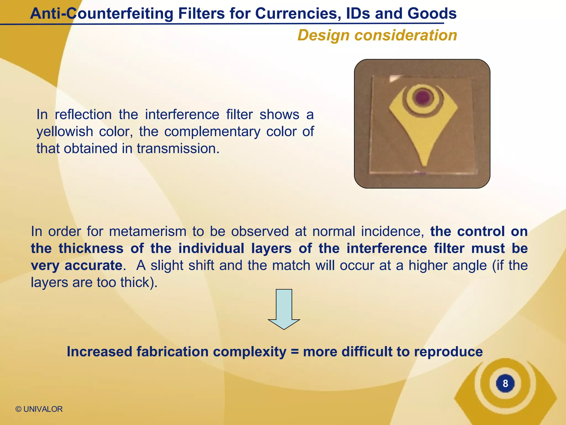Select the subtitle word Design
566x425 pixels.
click(x=324, y=35)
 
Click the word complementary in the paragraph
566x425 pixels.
click(x=212, y=131)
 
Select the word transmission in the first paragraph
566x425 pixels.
click(x=178, y=149)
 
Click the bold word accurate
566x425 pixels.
click(x=93, y=266)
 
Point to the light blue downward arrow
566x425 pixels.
click(x=284, y=309)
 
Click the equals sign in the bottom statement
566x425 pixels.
click(x=295, y=352)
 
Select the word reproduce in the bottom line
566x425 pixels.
click(x=448, y=352)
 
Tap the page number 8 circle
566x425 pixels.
click(x=505, y=383)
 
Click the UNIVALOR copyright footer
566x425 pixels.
click(x=39, y=409)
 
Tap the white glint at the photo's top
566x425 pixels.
click(x=394, y=79)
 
